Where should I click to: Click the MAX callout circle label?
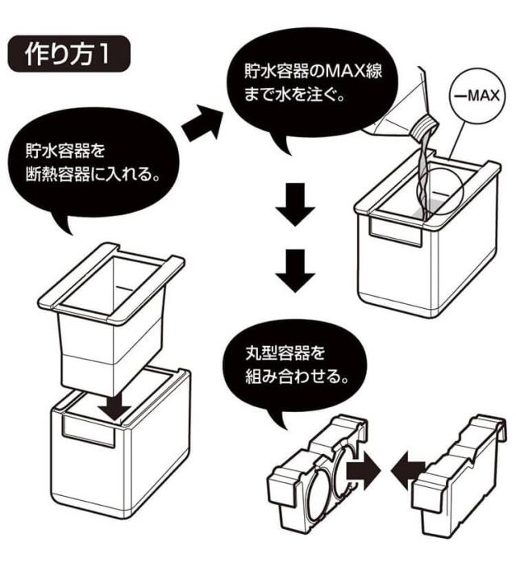pos(473,95)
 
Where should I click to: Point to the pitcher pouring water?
pos(395,105)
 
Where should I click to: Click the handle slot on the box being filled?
pos(399,233)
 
